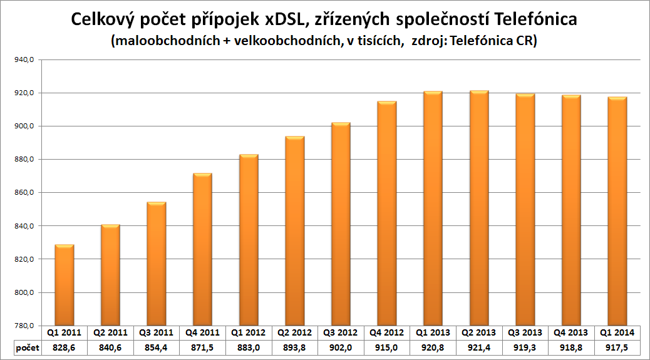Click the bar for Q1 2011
(x=64, y=285)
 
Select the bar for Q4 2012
(x=386, y=213)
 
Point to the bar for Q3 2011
(x=157, y=264)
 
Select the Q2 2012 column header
(x=295, y=332)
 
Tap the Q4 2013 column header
(x=571, y=332)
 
